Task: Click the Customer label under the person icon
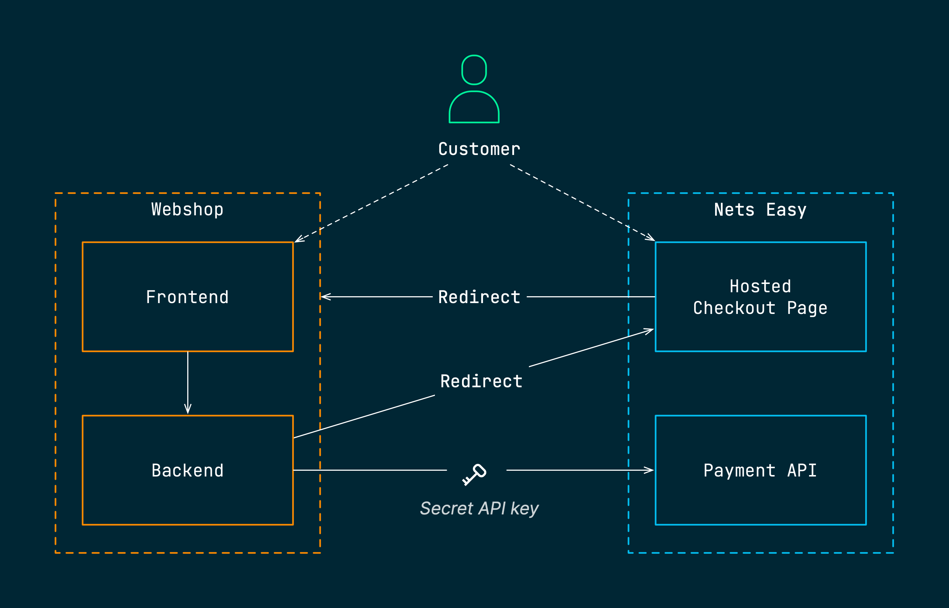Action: click(x=479, y=149)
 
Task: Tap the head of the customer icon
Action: click(x=474, y=70)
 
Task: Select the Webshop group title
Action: click(x=187, y=209)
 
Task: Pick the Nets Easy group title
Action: click(x=760, y=210)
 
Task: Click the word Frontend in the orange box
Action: click(x=187, y=297)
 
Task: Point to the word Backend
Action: click(x=187, y=471)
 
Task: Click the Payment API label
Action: click(x=760, y=471)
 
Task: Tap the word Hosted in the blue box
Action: click(x=760, y=286)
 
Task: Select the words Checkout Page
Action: click(x=760, y=308)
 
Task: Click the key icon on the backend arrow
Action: click(x=474, y=474)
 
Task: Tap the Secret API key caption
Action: click(x=479, y=509)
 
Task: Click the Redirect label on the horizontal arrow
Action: click(x=479, y=297)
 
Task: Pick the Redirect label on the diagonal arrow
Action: click(x=481, y=381)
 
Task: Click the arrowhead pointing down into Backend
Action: click(x=188, y=410)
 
